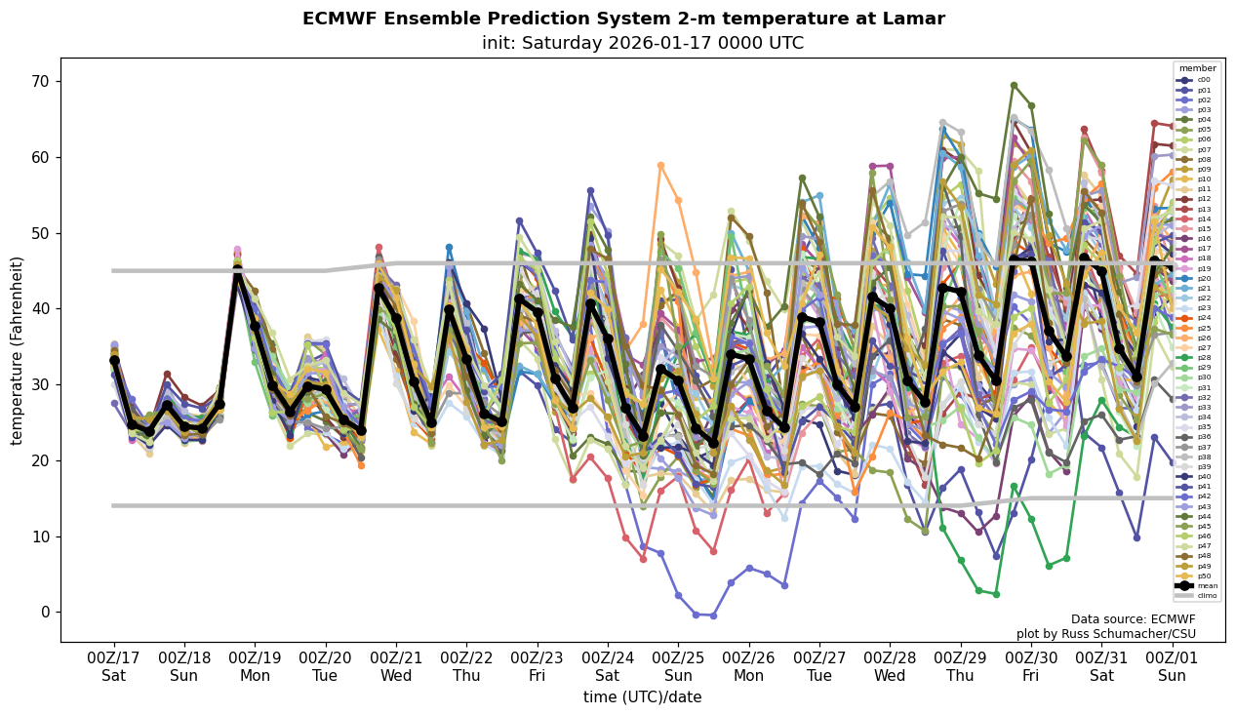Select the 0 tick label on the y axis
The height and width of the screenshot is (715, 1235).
click(45, 613)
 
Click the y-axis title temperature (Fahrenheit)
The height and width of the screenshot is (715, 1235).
click(17, 350)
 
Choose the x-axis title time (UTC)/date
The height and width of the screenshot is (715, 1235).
click(642, 697)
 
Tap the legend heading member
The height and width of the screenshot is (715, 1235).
click(1198, 68)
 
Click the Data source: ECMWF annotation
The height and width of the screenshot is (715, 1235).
click(1133, 619)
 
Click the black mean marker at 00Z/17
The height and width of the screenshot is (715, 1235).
click(114, 360)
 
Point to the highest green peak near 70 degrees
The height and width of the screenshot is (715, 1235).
click(1014, 86)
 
